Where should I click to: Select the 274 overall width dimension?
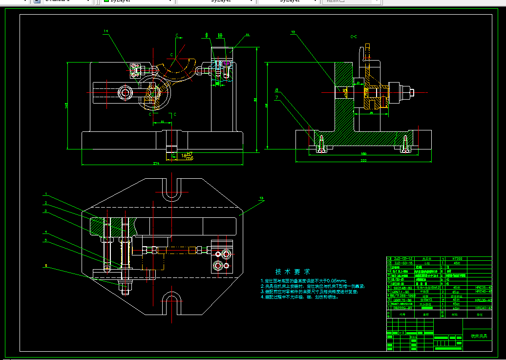coord(156,163)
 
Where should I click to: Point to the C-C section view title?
coord(353,37)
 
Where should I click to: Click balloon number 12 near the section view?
coord(293,33)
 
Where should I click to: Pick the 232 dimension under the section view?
coord(363,160)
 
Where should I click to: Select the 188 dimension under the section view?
coord(363,153)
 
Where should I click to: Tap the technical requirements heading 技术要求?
coord(293,272)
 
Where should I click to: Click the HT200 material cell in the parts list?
coord(457,258)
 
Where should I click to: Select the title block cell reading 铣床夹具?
coord(479,336)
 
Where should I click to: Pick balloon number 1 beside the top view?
coord(46,193)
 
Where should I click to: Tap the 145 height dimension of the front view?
coord(67,105)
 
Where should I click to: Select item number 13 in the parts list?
coord(389,258)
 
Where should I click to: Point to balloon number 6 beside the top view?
coord(46,266)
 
